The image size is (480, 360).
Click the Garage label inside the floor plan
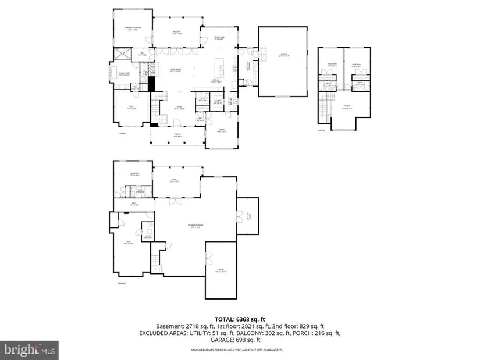pos(285,54)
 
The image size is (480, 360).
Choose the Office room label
pos(222,130)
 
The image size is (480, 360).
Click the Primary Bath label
pos(125,74)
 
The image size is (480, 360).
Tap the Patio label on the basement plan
pos(174,179)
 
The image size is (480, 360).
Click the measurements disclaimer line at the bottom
pos(237,350)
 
